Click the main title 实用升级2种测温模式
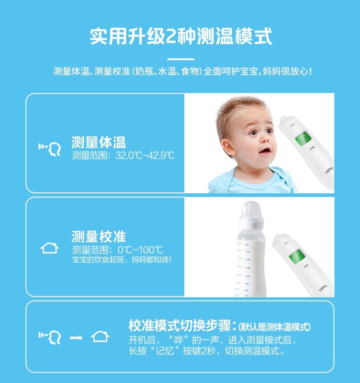tap(180, 36)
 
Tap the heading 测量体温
tap(98, 142)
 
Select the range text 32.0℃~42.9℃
tap(145, 156)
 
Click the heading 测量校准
tap(98, 237)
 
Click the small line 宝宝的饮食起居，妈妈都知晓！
tap(122, 260)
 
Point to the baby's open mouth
tap(264, 151)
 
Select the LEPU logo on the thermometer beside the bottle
tap(323, 287)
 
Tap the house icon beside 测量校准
tap(50, 249)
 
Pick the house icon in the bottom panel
tap(100, 337)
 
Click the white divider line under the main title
tap(180, 59)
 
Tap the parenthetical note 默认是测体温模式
tap(275, 327)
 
